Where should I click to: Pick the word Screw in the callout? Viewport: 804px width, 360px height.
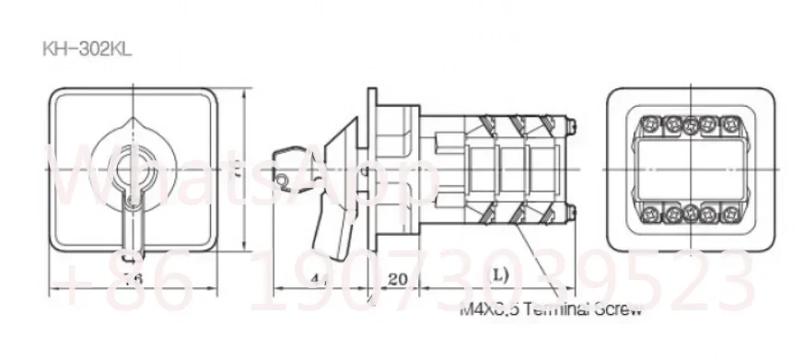[616, 309]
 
